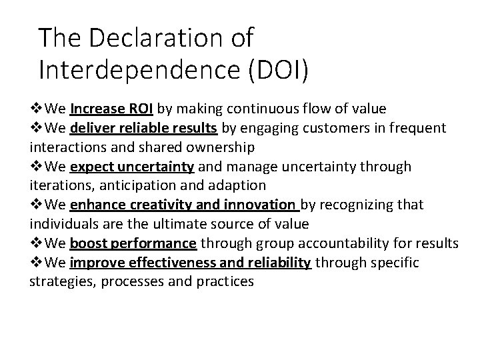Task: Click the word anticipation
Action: tap(137, 185)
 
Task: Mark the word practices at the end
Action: tap(225, 281)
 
